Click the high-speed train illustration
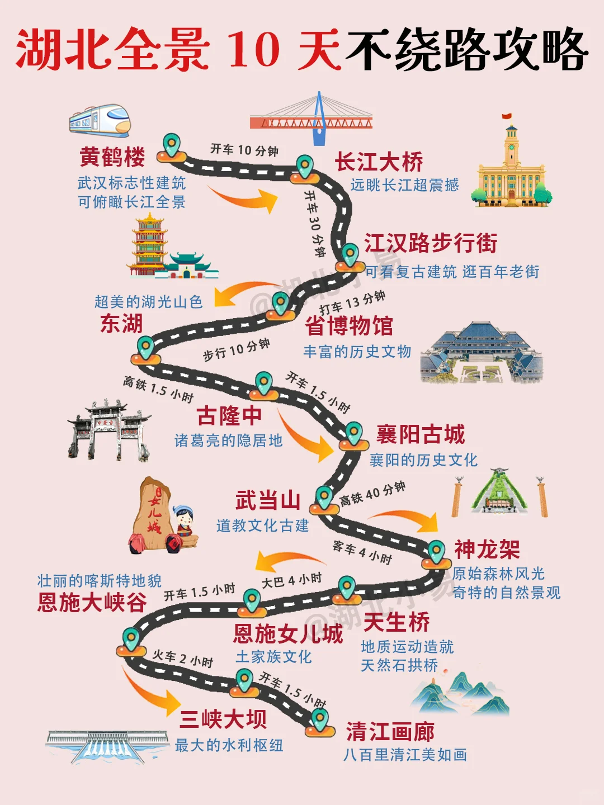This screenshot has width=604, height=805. [x=100, y=120]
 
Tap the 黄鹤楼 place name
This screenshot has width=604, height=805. [x=112, y=157]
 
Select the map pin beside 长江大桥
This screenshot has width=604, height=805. [x=305, y=167]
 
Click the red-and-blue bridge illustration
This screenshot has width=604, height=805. [x=312, y=119]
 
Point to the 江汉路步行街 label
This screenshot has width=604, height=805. [x=431, y=244]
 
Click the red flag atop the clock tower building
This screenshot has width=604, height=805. [x=507, y=117]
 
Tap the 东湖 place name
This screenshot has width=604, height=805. [x=121, y=324]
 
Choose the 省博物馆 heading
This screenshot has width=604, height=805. [x=349, y=326]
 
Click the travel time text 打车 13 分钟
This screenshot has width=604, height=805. [x=352, y=302]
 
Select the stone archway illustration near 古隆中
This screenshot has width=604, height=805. [x=109, y=429]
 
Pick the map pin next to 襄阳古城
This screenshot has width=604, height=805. [x=353, y=433]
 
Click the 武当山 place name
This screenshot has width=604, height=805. [x=268, y=500]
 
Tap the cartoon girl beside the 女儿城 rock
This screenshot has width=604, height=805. [x=183, y=525]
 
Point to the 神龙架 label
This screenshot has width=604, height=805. [x=487, y=550]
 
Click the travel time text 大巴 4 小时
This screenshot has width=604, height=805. [x=291, y=580]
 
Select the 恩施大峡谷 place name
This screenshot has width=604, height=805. [x=92, y=603]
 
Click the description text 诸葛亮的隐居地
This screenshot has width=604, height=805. [x=228, y=441]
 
